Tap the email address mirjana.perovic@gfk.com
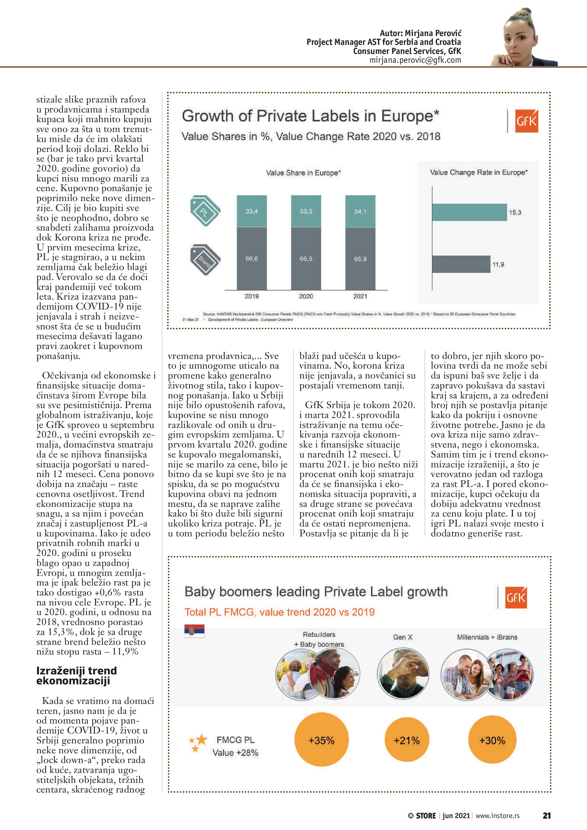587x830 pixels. coord(415,60)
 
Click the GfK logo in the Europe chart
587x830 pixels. coord(526,121)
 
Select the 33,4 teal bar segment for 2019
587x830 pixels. coord(252,211)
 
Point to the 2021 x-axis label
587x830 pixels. coord(360,296)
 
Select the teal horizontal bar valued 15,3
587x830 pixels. coord(469,212)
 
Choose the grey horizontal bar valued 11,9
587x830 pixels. coord(461,264)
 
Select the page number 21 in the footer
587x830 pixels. coord(546,816)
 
